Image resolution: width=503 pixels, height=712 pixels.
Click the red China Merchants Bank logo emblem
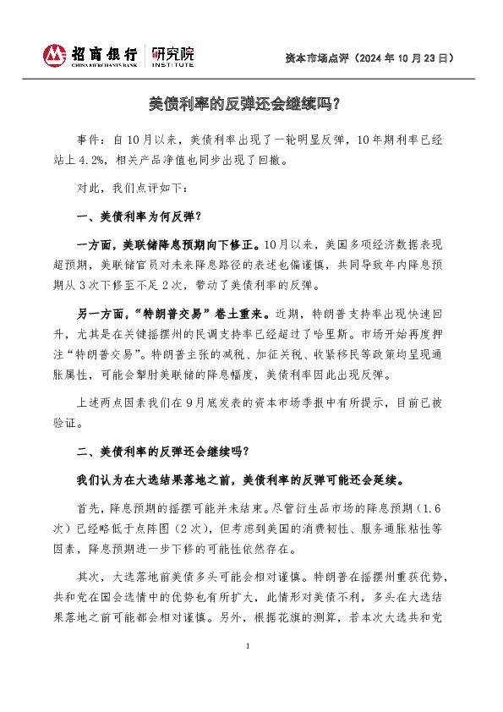point(54,57)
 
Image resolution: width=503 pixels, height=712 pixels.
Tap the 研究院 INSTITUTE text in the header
point(172,57)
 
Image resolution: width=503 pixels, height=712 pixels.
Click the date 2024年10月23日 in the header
point(406,58)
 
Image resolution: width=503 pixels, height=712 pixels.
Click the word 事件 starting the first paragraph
point(86,139)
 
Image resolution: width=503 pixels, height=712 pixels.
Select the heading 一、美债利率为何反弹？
point(139,216)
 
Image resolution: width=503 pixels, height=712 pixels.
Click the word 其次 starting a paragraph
point(87,575)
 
